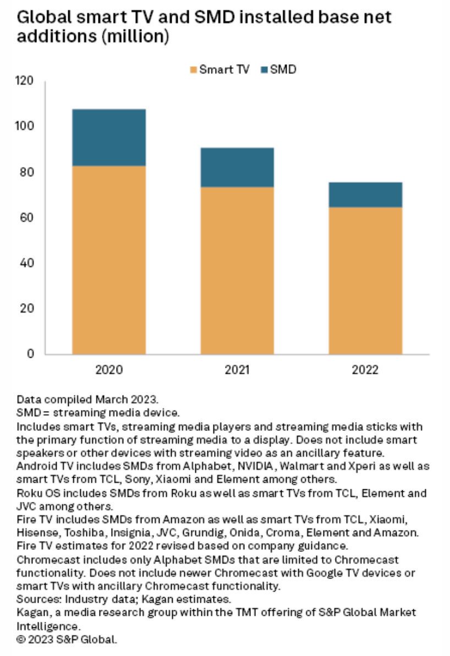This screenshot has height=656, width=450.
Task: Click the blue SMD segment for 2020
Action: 109,138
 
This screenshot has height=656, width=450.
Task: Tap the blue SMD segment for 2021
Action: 237,167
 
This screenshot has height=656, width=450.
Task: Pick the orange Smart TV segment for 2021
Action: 237,270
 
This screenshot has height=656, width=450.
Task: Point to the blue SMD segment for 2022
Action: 365,195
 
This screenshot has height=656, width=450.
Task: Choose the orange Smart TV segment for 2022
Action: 365,281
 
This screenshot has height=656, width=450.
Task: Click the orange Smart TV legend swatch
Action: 193,70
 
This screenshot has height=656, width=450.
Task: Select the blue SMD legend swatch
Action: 266,70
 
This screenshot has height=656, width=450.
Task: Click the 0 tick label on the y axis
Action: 31,354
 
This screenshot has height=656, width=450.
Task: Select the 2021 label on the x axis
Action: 237,369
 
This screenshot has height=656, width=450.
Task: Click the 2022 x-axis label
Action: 365,369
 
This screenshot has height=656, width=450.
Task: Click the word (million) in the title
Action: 140,37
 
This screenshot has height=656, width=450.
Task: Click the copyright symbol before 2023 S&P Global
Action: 21,639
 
